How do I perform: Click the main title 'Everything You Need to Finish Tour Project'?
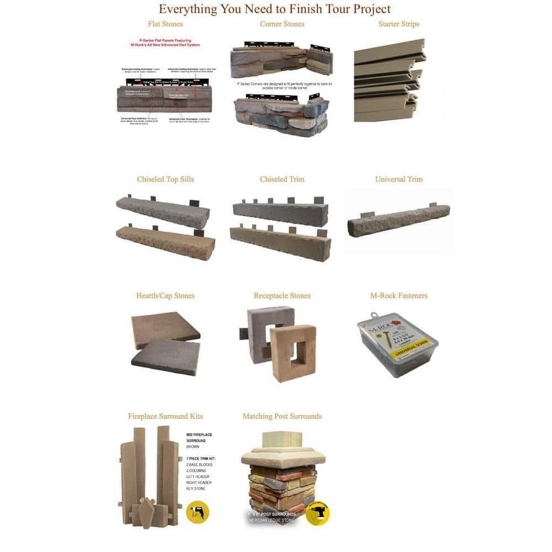coord(275,9)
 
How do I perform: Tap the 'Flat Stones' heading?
coord(166,24)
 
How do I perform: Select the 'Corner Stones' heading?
coord(282,24)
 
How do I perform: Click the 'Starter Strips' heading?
coord(398,24)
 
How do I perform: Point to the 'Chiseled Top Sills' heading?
coord(166,179)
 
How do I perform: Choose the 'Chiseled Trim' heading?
coord(282,179)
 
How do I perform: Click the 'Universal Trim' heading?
coord(398,179)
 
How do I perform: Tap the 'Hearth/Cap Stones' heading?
coord(166,296)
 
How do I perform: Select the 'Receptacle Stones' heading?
coord(282,296)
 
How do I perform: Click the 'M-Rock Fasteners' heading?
coord(398,296)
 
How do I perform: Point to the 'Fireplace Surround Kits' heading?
coord(166,416)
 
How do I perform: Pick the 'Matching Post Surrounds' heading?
coord(282,416)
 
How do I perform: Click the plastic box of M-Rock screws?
coord(397,345)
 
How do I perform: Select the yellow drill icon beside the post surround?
coord(317,513)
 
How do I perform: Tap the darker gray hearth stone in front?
coord(166,357)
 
